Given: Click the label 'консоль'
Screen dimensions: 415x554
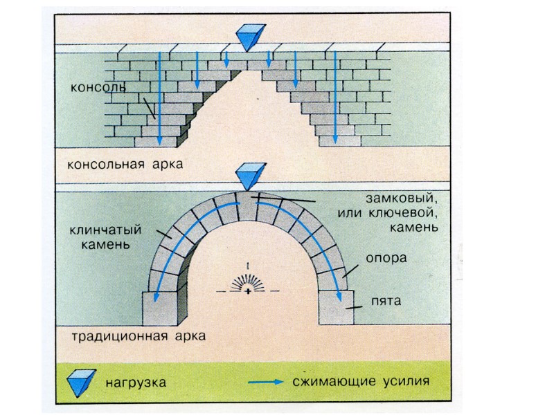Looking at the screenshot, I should tap(98, 89).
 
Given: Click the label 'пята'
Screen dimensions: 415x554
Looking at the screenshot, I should tap(382, 301).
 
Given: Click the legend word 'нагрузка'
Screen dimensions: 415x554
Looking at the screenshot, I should tap(135, 380).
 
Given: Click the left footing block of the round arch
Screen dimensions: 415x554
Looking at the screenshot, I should tap(162, 308).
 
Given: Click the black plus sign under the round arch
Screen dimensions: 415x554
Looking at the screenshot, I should tap(247, 292).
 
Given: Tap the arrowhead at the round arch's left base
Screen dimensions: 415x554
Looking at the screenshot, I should tap(155, 298).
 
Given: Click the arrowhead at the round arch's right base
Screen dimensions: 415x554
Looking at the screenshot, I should tap(340, 298).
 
